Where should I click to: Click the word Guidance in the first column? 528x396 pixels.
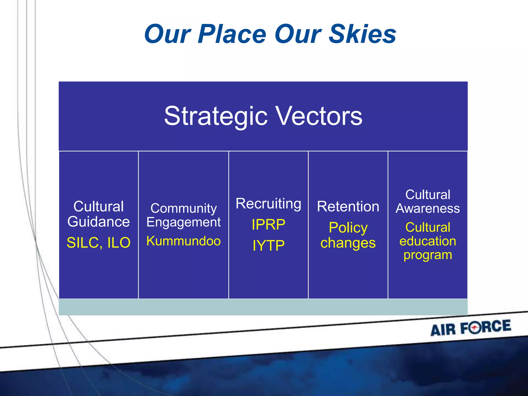tap(98, 222)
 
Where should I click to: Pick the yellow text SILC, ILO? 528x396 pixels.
tap(98, 243)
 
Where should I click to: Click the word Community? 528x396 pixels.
tap(184, 208)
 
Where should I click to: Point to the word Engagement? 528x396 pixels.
tap(184, 222)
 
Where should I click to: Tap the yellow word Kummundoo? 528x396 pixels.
tap(184, 241)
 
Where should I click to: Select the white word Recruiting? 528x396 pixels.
tap(268, 204)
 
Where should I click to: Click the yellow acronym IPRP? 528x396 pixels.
tap(268, 225)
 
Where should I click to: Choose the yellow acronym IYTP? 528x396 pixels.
tap(268, 245)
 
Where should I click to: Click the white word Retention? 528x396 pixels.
tap(348, 207)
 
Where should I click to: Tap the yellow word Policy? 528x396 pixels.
tap(348, 228)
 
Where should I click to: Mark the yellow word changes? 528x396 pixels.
tap(348, 243)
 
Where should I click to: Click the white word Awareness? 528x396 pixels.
tap(428, 208)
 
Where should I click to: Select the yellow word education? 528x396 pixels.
tap(428, 241)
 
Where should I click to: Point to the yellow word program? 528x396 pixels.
tap(428, 255)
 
